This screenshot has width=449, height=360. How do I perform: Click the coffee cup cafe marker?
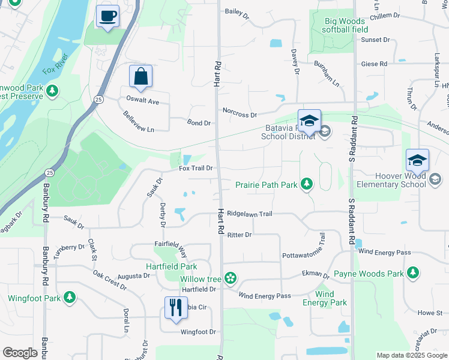[x=107, y=16]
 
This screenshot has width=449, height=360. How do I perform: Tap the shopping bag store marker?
[x=140, y=77]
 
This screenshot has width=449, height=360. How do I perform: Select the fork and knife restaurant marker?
[x=176, y=308]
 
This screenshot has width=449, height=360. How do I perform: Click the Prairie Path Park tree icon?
[x=307, y=184]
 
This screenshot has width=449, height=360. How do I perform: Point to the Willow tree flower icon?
[x=230, y=278]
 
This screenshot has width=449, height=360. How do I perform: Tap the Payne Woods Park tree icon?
[x=412, y=273]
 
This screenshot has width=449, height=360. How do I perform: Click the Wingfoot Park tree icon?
[x=70, y=297]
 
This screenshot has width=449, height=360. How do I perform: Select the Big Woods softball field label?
[x=345, y=25]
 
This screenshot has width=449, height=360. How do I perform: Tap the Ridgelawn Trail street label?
[x=250, y=214]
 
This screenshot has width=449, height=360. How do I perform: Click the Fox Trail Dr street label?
[x=196, y=169]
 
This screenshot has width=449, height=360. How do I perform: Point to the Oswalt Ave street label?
[x=142, y=101]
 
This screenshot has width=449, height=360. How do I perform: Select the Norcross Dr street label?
[x=240, y=112]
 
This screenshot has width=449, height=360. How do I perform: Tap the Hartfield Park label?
[x=172, y=266]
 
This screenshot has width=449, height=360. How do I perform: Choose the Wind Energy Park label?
[x=325, y=298]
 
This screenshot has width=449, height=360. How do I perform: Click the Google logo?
[x=20, y=353]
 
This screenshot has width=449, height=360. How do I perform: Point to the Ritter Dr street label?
[x=240, y=235]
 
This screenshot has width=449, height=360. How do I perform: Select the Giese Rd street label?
[x=374, y=64]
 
